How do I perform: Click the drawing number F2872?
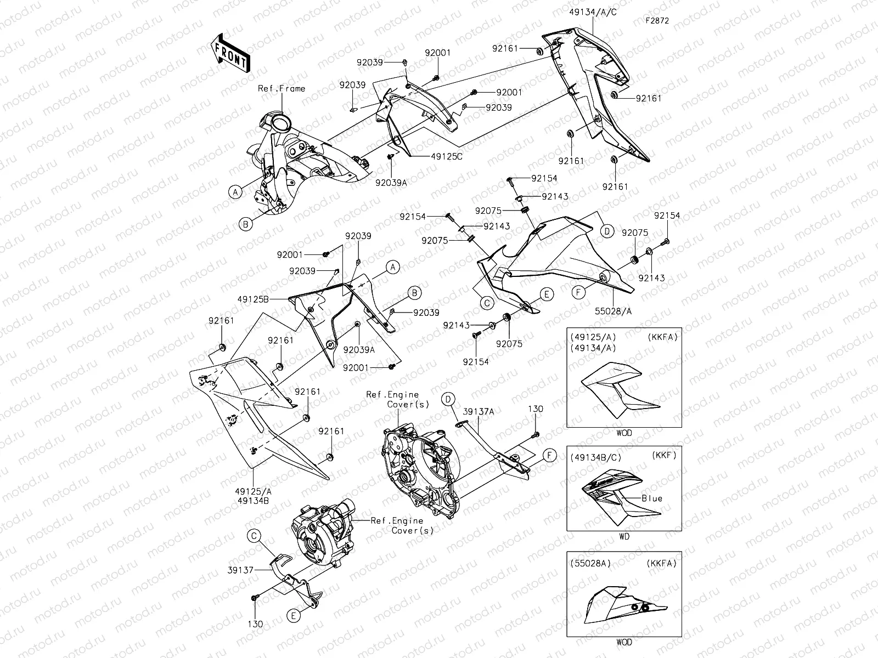click(657, 21)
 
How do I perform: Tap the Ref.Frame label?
click(282, 88)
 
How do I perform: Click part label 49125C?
click(447, 156)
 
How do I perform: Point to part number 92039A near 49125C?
click(391, 182)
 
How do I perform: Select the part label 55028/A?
click(613, 311)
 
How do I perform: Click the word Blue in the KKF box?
click(652, 498)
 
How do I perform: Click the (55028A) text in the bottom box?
click(590, 563)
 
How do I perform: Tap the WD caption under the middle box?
click(624, 537)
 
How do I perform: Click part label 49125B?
click(253, 299)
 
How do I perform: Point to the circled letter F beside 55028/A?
click(578, 293)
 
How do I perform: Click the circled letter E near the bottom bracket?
click(294, 616)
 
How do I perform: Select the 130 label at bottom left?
click(255, 624)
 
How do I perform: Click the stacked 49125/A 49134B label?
click(252, 496)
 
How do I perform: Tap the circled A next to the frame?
click(235, 191)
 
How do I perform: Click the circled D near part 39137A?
click(448, 399)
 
